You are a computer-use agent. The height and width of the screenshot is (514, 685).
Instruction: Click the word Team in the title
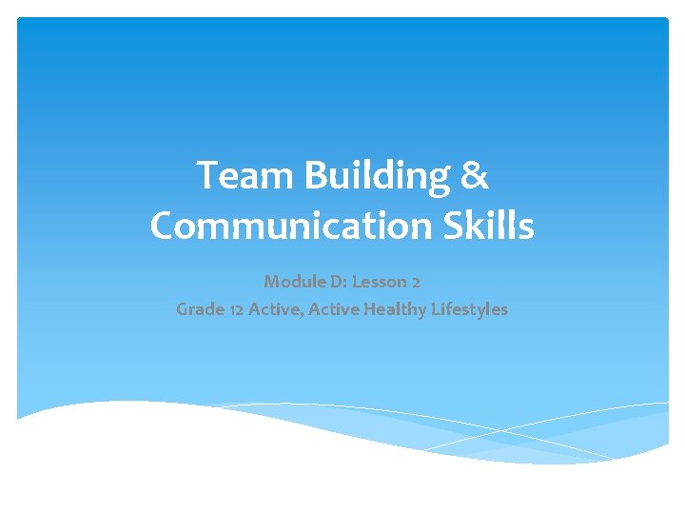234,177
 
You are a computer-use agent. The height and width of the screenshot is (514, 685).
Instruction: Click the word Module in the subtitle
290,281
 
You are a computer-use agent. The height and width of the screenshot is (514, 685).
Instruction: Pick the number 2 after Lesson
416,282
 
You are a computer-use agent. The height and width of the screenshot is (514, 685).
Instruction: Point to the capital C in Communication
164,227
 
